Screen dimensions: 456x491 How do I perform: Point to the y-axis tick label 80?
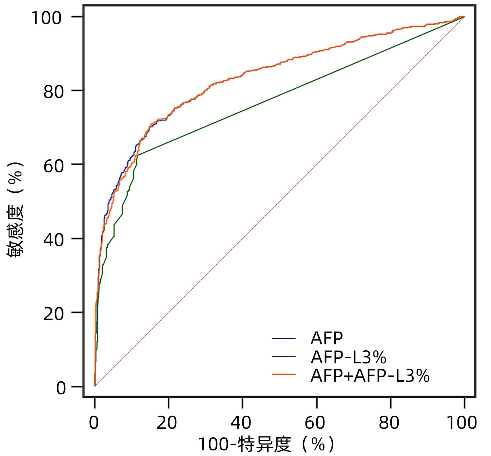(x=54, y=92)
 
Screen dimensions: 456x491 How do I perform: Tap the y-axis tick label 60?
(x=54, y=166)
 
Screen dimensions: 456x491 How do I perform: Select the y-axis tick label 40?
(x=54, y=240)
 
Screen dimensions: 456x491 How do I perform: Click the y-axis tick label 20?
(x=54, y=314)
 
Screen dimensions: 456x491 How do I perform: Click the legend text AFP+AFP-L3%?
(x=370, y=376)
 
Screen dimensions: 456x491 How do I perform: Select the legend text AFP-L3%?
(x=348, y=357)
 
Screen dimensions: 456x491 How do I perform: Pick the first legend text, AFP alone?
(x=327, y=338)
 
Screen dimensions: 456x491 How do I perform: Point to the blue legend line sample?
(x=284, y=338)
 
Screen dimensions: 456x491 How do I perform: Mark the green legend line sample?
(x=284, y=356)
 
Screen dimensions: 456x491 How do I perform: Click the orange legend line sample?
(x=284, y=374)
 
